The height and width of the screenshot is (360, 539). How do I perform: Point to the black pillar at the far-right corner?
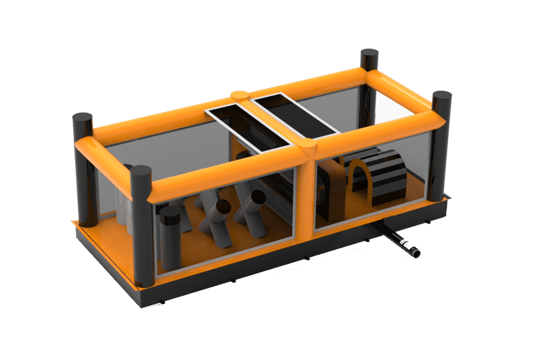441,147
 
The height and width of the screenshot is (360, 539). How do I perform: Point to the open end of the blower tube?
416,253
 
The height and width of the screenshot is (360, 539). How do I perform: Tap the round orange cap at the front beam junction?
308,150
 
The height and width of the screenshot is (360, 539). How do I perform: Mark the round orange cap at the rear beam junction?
239,95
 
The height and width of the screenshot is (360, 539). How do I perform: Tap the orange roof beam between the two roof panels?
272,121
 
